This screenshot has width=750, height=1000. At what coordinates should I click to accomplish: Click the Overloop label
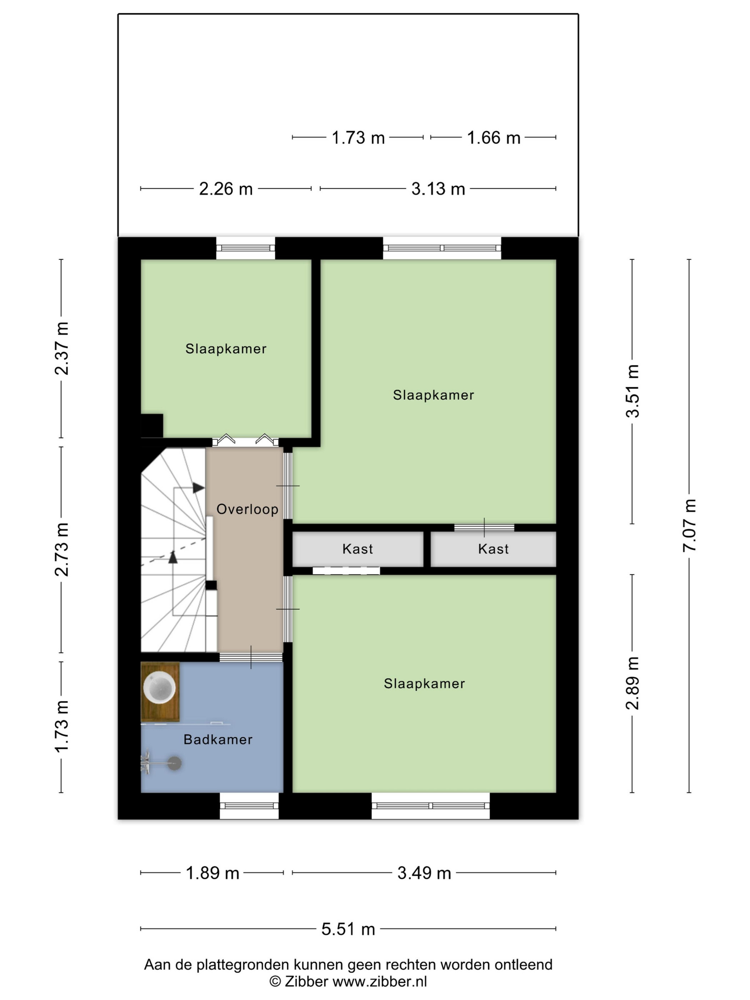247,510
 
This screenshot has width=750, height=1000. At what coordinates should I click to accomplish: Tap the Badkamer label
218,740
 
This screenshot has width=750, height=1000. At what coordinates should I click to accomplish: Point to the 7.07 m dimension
689,525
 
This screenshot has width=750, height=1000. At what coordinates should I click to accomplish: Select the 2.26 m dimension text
226,189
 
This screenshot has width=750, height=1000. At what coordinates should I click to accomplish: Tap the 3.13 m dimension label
438,189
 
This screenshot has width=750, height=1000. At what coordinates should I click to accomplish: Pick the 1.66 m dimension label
494,137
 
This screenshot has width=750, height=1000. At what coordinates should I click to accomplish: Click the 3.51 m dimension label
632,391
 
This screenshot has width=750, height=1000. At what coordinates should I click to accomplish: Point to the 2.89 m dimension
632,683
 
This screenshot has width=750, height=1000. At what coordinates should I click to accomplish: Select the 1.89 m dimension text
212,873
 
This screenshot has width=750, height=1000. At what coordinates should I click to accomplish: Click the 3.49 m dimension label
424,873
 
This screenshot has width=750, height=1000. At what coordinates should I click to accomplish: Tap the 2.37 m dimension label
61,349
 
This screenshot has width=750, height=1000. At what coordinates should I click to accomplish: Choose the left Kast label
357,549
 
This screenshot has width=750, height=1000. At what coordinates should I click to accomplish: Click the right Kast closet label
493,549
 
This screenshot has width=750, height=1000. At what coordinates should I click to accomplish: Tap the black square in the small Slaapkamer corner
152,425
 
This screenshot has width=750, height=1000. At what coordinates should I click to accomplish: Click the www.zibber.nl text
380,981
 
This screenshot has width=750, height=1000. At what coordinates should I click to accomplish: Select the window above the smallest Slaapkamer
245,248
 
